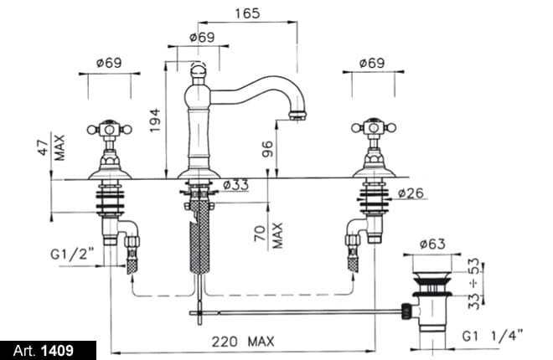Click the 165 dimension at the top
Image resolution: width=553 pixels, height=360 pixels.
click(x=248, y=13)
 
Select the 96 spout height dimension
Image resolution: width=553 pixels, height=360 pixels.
click(x=267, y=149)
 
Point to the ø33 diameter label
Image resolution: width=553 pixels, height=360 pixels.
click(x=237, y=185)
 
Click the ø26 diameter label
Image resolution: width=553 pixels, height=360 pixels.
click(x=411, y=194)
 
